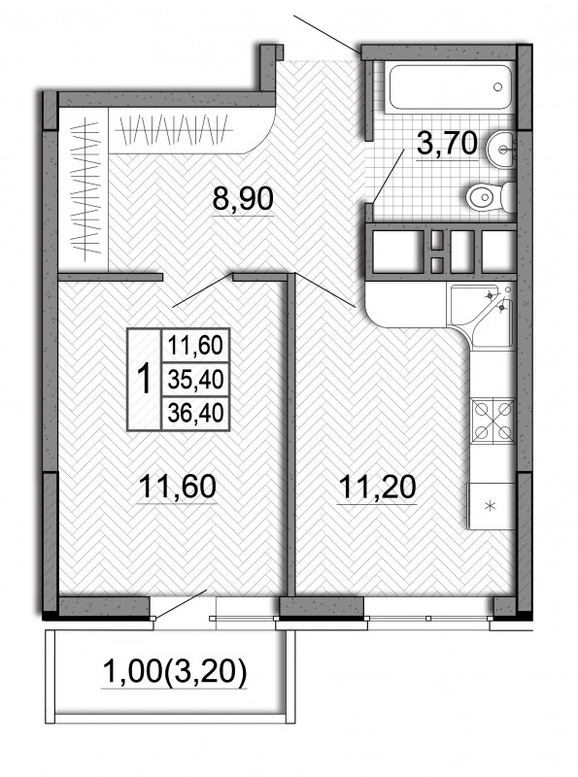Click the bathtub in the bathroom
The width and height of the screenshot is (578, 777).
point(450,86)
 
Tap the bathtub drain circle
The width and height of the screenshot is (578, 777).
point(497,87)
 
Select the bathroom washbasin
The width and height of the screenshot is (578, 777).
point(501,150)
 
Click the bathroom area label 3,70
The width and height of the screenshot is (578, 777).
point(447,144)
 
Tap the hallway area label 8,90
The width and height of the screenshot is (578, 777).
point(243,199)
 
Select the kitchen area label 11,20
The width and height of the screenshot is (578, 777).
point(377,487)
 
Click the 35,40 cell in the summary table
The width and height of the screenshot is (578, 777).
point(196,379)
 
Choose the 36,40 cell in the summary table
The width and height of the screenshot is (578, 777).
point(196,412)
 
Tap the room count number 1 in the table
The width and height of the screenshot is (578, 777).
point(145,379)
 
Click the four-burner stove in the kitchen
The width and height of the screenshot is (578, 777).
point(492,421)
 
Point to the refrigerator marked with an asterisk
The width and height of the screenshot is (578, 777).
point(491,505)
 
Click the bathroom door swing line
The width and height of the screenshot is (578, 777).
point(390,176)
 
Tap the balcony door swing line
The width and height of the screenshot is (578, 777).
point(182,603)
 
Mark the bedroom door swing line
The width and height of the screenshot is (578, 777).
point(202,289)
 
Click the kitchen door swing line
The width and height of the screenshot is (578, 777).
point(324,289)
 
